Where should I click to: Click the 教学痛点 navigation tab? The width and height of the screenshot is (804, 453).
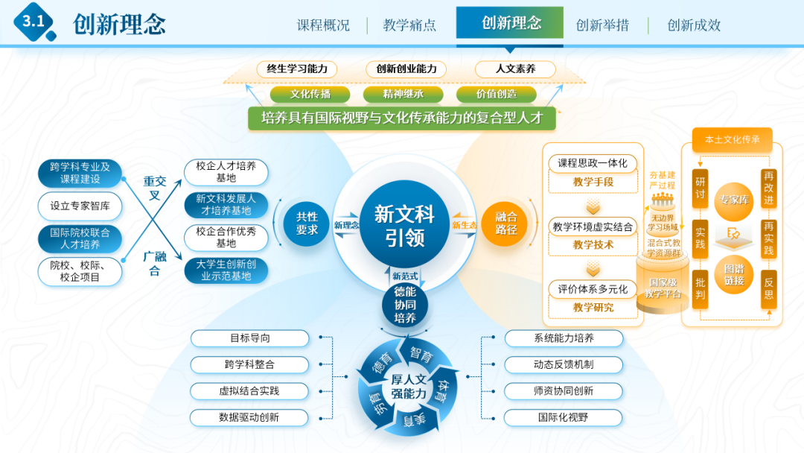pos(409,25)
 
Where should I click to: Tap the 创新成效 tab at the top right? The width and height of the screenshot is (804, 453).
pos(694,25)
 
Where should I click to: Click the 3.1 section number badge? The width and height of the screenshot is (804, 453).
pos(33,22)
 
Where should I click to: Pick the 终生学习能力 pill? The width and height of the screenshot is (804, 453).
pos(297,69)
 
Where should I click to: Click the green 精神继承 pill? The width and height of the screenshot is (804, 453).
pos(403,95)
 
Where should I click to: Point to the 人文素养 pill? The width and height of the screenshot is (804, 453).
pos(515,69)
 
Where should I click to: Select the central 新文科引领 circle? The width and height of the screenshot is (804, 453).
pos(404,226)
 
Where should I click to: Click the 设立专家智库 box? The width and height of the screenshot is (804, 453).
pos(80,206)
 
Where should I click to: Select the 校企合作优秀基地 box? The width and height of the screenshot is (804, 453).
pos(226,238)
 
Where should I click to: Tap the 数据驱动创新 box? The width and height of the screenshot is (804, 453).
pos(249,417)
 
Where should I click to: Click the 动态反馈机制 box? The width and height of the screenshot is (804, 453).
pos(564,364)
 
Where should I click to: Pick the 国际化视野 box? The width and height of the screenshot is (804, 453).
pos(564,417)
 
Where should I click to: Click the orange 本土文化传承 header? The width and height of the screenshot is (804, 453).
pos(727,139)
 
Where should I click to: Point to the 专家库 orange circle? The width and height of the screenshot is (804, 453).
pos(734,200)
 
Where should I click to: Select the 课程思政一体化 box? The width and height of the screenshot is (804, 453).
pos(593,163)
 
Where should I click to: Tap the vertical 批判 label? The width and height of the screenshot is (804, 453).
pos(700,288)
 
